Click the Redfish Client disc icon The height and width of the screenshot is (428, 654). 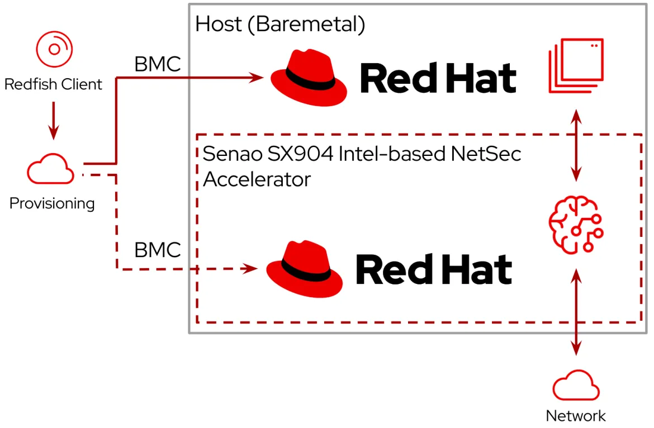[x=54, y=50]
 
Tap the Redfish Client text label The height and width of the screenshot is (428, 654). [x=54, y=84]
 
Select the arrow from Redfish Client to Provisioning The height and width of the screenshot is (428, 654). [x=54, y=120]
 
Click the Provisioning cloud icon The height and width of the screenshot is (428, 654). [x=51, y=168]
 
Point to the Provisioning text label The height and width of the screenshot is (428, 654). [x=52, y=203]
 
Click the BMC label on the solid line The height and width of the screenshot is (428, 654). [x=158, y=64]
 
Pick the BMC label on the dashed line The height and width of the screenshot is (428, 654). [x=158, y=250]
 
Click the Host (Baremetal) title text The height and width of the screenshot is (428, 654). [x=280, y=24]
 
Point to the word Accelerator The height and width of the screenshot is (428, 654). [x=257, y=179]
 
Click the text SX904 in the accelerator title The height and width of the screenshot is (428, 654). [x=302, y=154]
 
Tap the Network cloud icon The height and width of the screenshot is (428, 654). [x=576, y=386]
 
